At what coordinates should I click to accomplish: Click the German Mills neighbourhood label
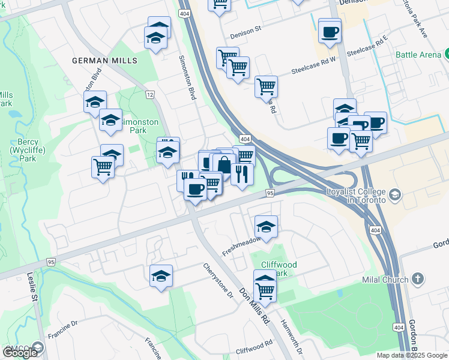(104, 61)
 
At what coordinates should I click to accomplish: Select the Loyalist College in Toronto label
(355, 196)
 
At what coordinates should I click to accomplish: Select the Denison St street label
(246, 28)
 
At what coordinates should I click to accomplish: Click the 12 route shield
(149, 95)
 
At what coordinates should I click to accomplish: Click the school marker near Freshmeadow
(266, 227)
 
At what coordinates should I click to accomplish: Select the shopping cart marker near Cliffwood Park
(265, 292)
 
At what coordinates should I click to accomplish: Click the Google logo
(20, 353)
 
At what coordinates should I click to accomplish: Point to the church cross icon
(418, 279)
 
